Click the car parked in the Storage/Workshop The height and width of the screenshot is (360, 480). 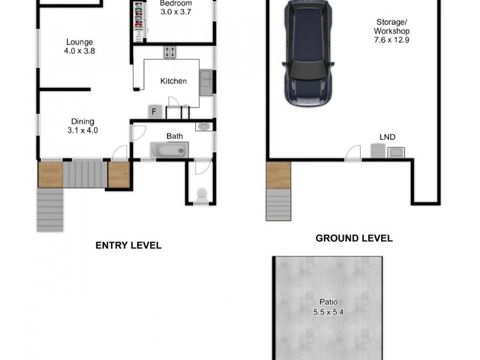pos(308,54)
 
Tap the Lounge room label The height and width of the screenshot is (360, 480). pos(79,46)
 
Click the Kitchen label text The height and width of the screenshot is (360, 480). pos(173,81)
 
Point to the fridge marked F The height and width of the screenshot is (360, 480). pos(154,112)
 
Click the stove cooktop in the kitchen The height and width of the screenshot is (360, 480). pos(170,52)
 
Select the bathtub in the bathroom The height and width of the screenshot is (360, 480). pos(169,149)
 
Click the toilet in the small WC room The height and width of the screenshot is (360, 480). pos(202,194)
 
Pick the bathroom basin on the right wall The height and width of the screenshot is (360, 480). pos(203,126)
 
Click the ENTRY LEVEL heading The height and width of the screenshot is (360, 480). pos(128,245)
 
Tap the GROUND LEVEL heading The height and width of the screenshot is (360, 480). pos(354,238)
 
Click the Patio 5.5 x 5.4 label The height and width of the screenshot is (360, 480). pos(328,307)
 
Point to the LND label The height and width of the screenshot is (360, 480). pos(388,137)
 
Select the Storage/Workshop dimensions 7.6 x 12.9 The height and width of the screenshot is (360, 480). pos(391,40)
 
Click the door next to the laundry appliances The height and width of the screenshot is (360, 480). pos(353,153)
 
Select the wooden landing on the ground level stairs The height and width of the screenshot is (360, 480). pos(278,175)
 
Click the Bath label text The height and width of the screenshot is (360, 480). pos(175,136)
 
